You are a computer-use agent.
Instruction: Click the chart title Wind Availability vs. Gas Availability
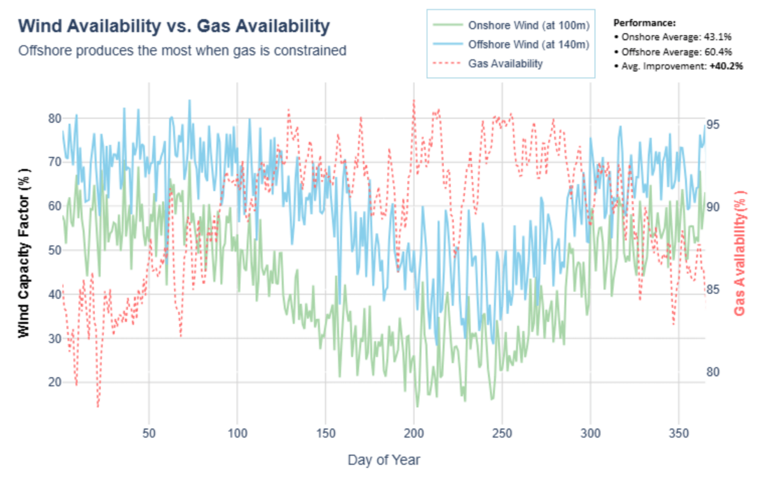[x=174, y=26]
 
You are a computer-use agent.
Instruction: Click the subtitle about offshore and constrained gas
[x=182, y=51]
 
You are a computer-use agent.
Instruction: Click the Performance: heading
[x=644, y=23]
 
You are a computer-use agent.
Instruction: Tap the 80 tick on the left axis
[x=55, y=118]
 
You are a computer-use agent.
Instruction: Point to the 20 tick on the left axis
[x=55, y=382]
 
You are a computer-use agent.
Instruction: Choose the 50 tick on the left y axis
[x=55, y=250]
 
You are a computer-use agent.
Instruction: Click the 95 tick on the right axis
[x=712, y=125]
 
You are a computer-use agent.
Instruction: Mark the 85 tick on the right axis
[x=712, y=290]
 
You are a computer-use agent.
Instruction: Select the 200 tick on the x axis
[x=413, y=433]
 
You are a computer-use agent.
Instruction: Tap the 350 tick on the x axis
[x=678, y=433]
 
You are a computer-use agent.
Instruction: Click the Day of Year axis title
[x=383, y=460]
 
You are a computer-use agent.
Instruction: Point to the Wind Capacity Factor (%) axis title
[x=24, y=253]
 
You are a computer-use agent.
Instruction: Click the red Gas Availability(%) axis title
[x=739, y=253]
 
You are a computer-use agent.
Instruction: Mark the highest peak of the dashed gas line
[x=413, y=100]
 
